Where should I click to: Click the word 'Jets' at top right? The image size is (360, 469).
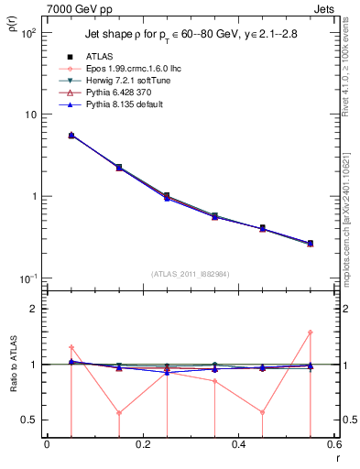tap(324, 8)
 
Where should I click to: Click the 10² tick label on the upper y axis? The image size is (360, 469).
tap(28, 33)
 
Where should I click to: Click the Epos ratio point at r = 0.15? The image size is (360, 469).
tap(119, 412)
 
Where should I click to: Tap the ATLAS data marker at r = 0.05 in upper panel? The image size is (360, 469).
tap(71, 135)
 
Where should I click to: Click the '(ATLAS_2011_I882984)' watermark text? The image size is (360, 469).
tap(191, 273)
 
